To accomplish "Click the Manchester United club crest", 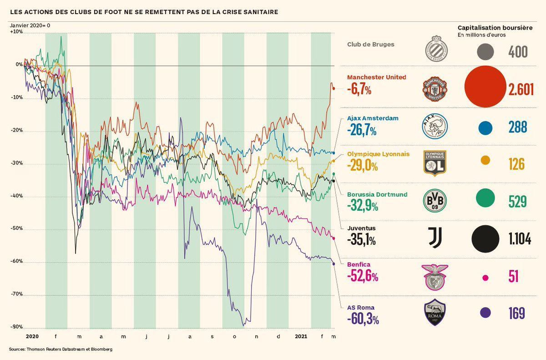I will point(435,89).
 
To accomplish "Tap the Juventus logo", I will point(435,238).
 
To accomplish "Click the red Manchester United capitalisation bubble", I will point(485,89).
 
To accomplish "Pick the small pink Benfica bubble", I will point(485,278).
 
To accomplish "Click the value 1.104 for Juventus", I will point(520,239).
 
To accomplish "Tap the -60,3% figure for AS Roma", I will point(363,319).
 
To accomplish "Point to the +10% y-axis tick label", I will point(16,32).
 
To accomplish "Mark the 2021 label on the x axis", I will point(301,336).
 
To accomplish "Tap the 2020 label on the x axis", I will point(32,336).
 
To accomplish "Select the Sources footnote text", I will point(61,349).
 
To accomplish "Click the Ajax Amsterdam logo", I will point(435,127).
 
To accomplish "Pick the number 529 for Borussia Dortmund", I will point(517,202).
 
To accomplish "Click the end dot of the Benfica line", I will point(334,238).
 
